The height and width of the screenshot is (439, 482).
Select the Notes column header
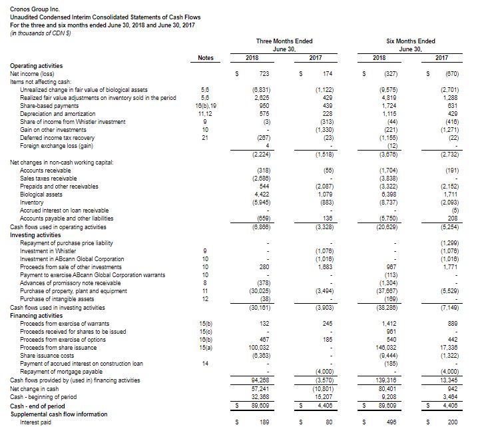206,58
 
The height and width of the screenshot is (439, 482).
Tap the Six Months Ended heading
418,41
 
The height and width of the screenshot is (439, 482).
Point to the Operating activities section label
37,66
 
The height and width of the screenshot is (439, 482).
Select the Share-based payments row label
49,105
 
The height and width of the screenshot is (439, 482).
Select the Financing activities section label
37,316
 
